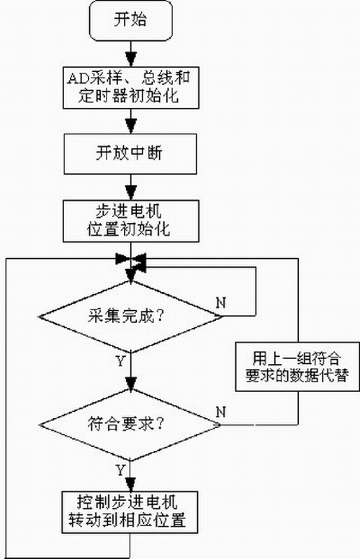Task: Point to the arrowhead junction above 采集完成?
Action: click(x=130, y=260)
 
